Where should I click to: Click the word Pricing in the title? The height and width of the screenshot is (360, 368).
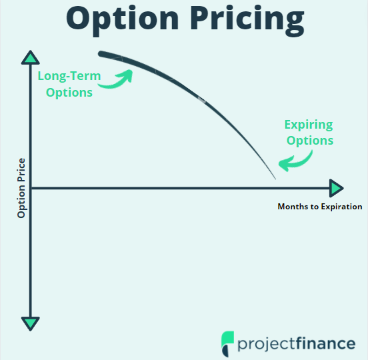[247, 21]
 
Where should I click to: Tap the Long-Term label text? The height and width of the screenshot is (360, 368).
[69, 76]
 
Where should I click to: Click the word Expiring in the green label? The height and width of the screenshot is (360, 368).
[309, 125]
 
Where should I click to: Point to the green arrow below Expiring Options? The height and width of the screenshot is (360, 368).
[296, 162]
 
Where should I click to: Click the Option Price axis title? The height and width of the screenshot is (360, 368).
[21, 188]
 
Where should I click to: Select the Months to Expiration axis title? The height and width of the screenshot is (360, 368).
[320, 207]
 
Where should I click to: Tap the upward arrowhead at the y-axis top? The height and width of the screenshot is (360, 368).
[30, 57]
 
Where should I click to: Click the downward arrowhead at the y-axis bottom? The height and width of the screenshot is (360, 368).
[30, 323]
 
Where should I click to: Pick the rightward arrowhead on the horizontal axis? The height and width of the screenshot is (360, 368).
[336, 188]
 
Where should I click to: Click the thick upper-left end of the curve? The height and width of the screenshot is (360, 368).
[101, 54]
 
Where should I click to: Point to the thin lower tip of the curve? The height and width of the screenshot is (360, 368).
[275, 179]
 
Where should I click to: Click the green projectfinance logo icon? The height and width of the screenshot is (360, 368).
[227, 343]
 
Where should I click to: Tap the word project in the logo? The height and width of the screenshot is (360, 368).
[267, 345]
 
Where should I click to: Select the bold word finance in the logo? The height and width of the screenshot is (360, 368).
[326, 343]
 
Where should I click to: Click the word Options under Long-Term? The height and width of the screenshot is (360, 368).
[69, 93]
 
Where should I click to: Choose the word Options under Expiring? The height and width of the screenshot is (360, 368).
[310, 141]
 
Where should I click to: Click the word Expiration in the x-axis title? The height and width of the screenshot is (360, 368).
[341, 207]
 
